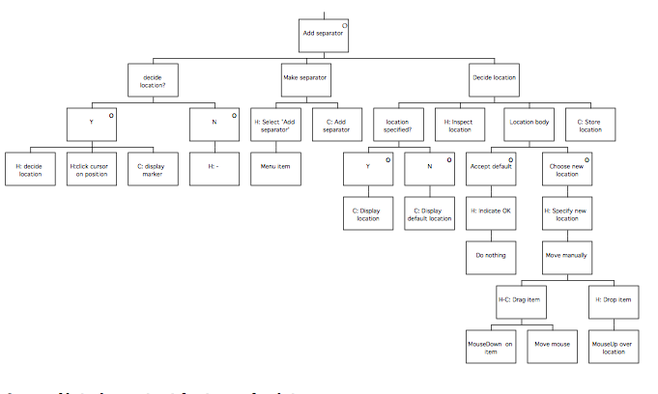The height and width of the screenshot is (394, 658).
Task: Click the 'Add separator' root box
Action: point(323,33)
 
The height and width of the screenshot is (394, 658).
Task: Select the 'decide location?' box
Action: point(154,79)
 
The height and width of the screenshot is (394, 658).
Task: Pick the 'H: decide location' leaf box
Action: point(30,171)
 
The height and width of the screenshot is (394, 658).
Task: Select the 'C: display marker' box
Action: point(153,171)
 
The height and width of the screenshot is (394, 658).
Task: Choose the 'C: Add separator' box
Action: point(336,125)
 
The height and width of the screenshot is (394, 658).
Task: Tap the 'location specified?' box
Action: point(398,125)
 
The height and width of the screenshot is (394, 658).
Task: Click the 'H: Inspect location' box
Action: point(459,125)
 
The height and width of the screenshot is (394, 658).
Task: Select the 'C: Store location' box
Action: point(589,125)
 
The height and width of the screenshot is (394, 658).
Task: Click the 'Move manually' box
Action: point(566,255)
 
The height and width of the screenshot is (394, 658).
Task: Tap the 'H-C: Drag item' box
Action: point(520,300)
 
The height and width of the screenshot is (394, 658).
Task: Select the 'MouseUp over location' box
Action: point(613,346)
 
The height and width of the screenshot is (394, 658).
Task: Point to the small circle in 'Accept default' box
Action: point(510,157)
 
